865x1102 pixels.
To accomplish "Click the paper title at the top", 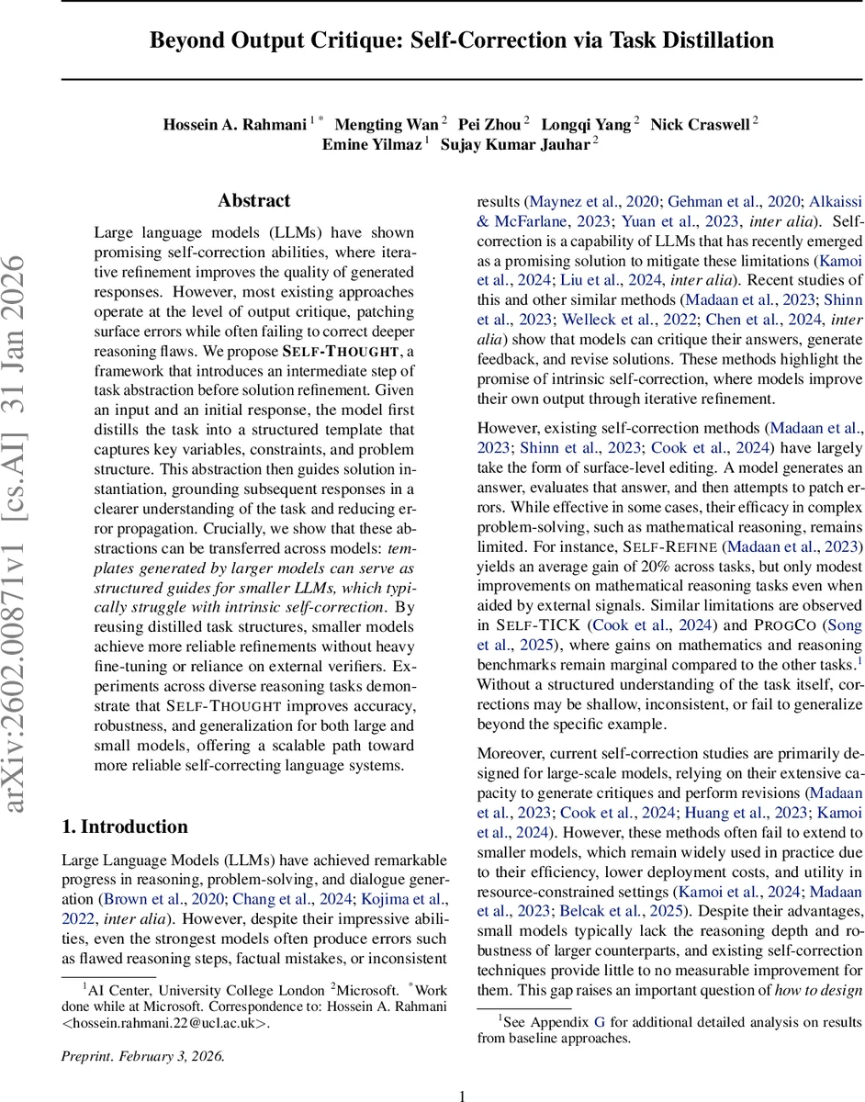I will [x=462, y=40].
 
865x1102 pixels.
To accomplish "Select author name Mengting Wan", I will [x=386, y=124].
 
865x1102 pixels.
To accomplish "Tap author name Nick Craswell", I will [x=700, y=124].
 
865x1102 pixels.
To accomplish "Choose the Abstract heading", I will [x=253, y=200].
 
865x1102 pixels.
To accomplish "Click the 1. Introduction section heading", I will [x=124, y=826].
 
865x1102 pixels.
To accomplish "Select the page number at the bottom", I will [x=462, y=1095].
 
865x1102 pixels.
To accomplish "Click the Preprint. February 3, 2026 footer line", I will [x=142, y=1055].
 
